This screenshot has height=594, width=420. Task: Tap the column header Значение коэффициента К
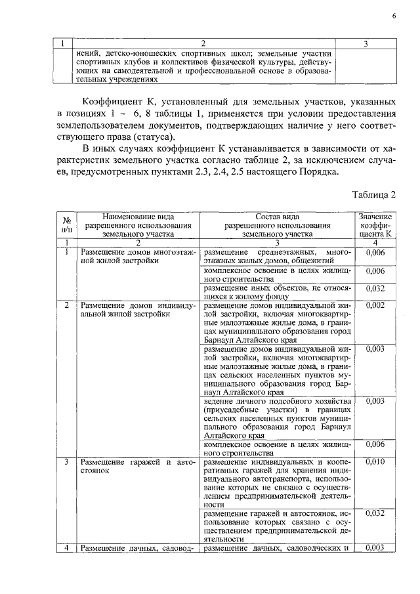(375, 224)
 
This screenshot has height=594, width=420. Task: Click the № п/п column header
(66, 224)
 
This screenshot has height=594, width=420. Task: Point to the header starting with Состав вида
(277, 224)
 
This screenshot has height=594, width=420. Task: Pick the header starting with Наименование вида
(138, 224)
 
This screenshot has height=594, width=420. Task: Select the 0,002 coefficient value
(375, 305)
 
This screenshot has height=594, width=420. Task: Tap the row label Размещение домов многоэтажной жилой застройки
(138, 257)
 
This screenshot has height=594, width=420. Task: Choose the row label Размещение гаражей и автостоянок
(138, 467)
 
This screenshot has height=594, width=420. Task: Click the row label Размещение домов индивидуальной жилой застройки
(138, 309)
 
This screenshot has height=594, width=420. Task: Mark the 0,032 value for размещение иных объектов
(375, 287)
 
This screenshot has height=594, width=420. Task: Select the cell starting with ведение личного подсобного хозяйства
(277, 418)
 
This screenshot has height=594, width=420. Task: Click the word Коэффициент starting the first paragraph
(112, 102)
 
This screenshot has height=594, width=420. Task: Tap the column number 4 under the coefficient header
(375, 243)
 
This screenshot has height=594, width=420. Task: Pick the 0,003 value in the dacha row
(375, 547)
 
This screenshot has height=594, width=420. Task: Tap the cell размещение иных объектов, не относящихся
(277, 292)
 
